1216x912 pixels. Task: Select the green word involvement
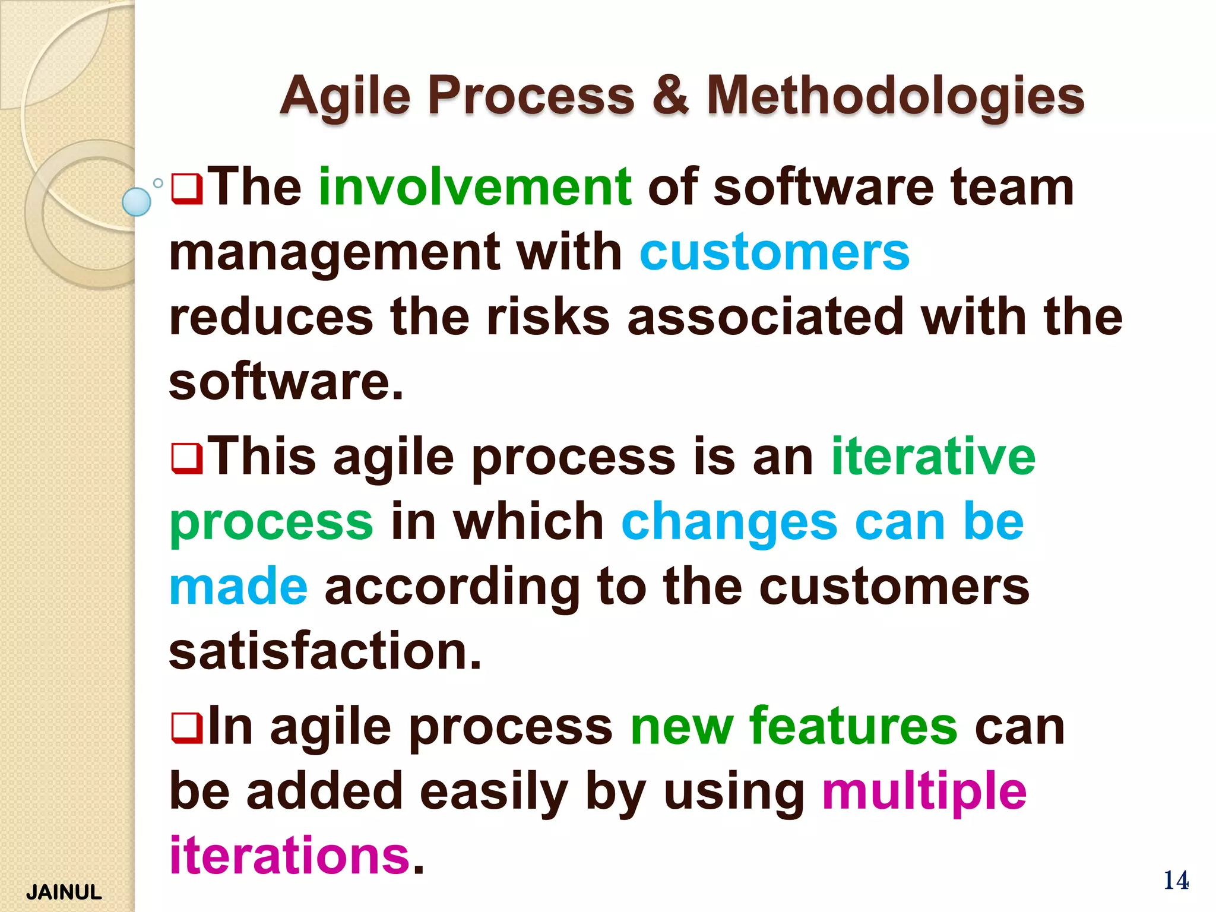coord(475,187)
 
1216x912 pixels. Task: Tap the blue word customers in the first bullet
coord(774,252)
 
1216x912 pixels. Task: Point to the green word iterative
coord(933,456)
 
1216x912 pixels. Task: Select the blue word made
coord(238,587)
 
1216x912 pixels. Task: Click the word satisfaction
coord(325,651)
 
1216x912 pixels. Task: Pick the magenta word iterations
coord(290,856)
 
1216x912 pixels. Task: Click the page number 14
coord(1176,880)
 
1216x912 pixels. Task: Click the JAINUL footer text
coord(64,892)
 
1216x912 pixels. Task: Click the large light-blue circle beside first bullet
coord(137,202)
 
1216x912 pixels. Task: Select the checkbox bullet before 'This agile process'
coord(186,459)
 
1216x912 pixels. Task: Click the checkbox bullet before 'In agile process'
coord(186,729)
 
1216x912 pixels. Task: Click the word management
coord(334,252)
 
